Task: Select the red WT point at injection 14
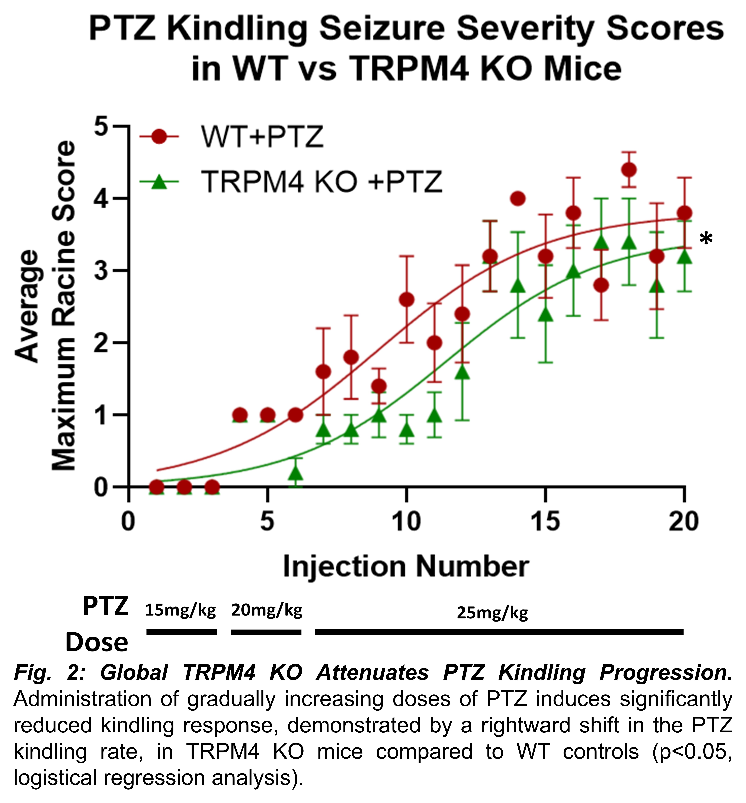(x=518, y=199)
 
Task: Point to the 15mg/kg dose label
(x=180, y=610)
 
